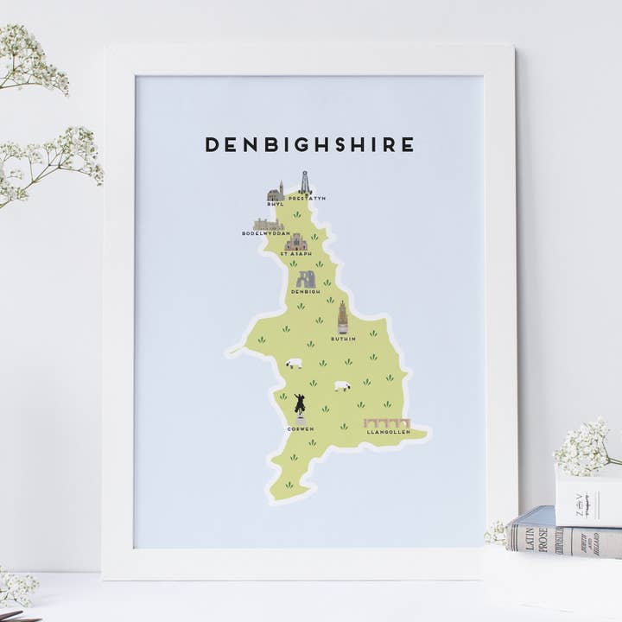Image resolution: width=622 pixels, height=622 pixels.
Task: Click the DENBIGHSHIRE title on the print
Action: click(309, 144)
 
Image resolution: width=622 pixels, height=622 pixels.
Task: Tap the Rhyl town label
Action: click(275, 205)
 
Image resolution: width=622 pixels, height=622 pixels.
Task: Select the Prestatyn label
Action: click(307, 199)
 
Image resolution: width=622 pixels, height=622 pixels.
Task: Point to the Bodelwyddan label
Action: click(266, 233)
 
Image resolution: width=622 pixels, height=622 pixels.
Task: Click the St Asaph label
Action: click(296, 254)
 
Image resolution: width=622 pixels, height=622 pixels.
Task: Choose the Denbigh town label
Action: click(306, 292)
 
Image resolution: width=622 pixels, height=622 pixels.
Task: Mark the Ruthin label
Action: click(343, 339)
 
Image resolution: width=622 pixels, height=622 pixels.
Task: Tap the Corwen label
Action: click(300, 428)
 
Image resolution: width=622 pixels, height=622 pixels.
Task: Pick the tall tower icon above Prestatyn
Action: click(305, 182)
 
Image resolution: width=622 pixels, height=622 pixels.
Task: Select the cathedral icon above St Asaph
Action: click(296, 242)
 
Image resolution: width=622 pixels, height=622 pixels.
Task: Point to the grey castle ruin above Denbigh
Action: click(306, 279)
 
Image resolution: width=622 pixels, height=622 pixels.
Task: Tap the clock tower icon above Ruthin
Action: click(343, 317)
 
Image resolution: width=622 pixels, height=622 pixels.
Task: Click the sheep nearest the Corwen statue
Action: click(295, 363)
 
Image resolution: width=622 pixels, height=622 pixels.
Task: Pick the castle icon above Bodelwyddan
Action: click(269, 224)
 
